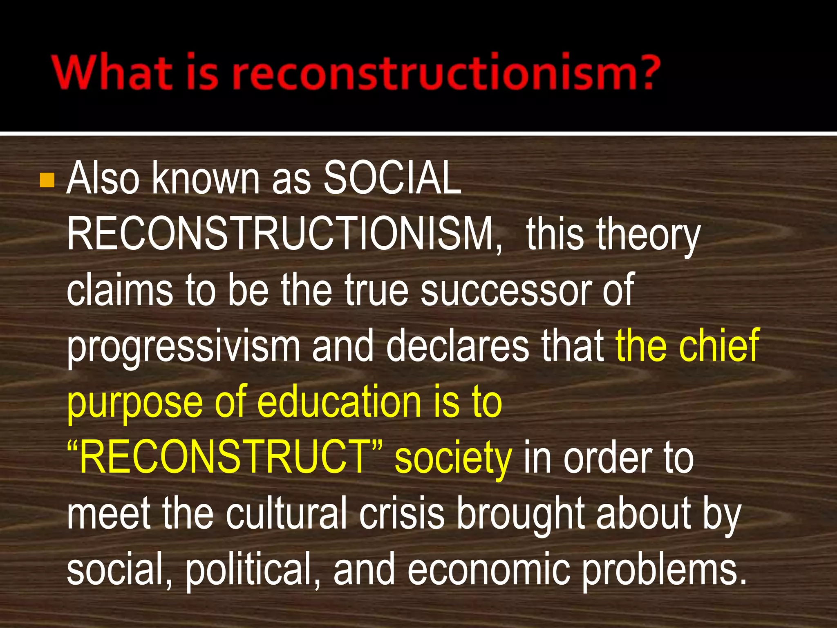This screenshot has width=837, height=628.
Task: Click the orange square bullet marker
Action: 47,180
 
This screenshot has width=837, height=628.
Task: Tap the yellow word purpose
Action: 135,403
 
